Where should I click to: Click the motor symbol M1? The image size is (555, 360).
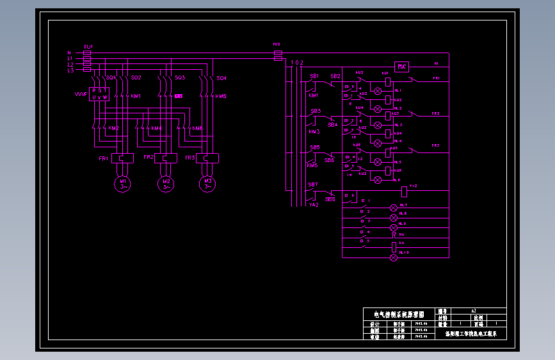click(x=122, y=184)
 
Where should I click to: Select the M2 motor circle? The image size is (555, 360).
click(x=166, y=184)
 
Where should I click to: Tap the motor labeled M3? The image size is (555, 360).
click(x=207, y=184)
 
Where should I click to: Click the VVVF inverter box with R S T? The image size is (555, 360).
click(x=99, y=94)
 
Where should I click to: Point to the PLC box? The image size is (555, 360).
click(x=401, y=67)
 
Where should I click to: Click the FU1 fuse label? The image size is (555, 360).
click(x=88, y=47)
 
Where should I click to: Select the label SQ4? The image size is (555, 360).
click(x=221, y=78)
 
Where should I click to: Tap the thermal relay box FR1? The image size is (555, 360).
click(x=122, y=158)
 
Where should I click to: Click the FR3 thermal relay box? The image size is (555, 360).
click(x=207, y=158)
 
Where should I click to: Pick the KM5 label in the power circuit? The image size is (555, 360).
click(x=221, y=97)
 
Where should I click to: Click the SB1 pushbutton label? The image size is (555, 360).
click(x=314, y=76)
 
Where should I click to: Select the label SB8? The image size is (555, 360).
click(x=330, y=199)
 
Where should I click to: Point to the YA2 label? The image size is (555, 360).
click(x=314, y=205)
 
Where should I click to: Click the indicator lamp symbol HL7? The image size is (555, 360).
click(x=394, y=208)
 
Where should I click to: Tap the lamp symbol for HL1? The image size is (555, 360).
click(x=377, y=91)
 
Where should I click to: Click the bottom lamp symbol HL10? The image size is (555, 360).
click(x=394, y=257)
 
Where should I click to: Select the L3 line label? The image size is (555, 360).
click(x=70, y=70)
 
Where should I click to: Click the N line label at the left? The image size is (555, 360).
click(x=69, y=53)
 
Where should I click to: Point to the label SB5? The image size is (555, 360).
click(x=315, y=147)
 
